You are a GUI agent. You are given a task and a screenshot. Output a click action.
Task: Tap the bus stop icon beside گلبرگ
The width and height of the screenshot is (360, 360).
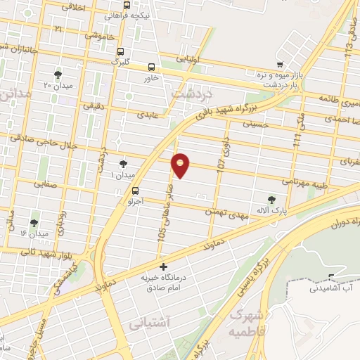pos(121,51)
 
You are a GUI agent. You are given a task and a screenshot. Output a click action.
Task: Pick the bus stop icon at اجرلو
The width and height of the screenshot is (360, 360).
pos(135,190)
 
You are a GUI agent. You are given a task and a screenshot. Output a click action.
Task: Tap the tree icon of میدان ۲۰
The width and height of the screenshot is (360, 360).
pos(58,74)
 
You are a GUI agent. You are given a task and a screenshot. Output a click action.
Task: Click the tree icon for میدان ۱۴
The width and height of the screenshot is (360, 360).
pos(33,223)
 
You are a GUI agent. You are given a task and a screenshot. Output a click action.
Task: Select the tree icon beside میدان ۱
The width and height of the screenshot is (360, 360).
pos(124,163)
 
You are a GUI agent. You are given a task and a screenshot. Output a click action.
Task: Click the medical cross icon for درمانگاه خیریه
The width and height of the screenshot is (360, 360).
pos(163,266)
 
